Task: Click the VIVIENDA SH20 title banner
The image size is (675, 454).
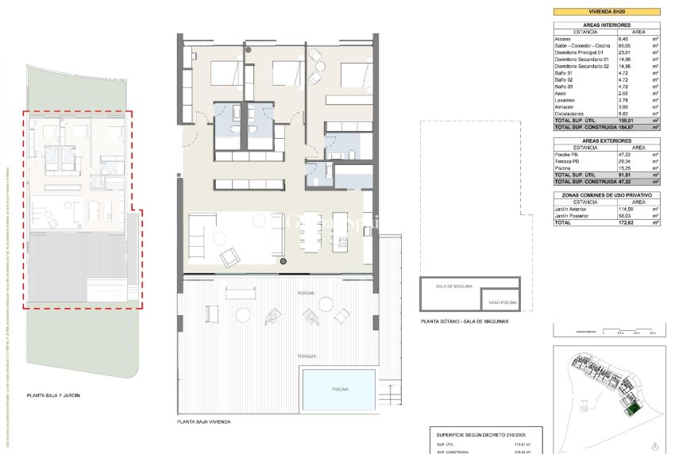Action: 607,12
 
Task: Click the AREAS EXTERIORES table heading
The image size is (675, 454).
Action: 607,140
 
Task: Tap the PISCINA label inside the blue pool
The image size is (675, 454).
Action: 339,388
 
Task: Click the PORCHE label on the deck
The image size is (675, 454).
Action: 306,293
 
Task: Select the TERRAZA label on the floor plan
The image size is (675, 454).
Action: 306,356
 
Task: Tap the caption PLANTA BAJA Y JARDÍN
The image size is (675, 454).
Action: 53,394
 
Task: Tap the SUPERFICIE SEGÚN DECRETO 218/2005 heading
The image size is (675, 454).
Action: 482,436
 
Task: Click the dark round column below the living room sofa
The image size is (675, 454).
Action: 282,260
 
